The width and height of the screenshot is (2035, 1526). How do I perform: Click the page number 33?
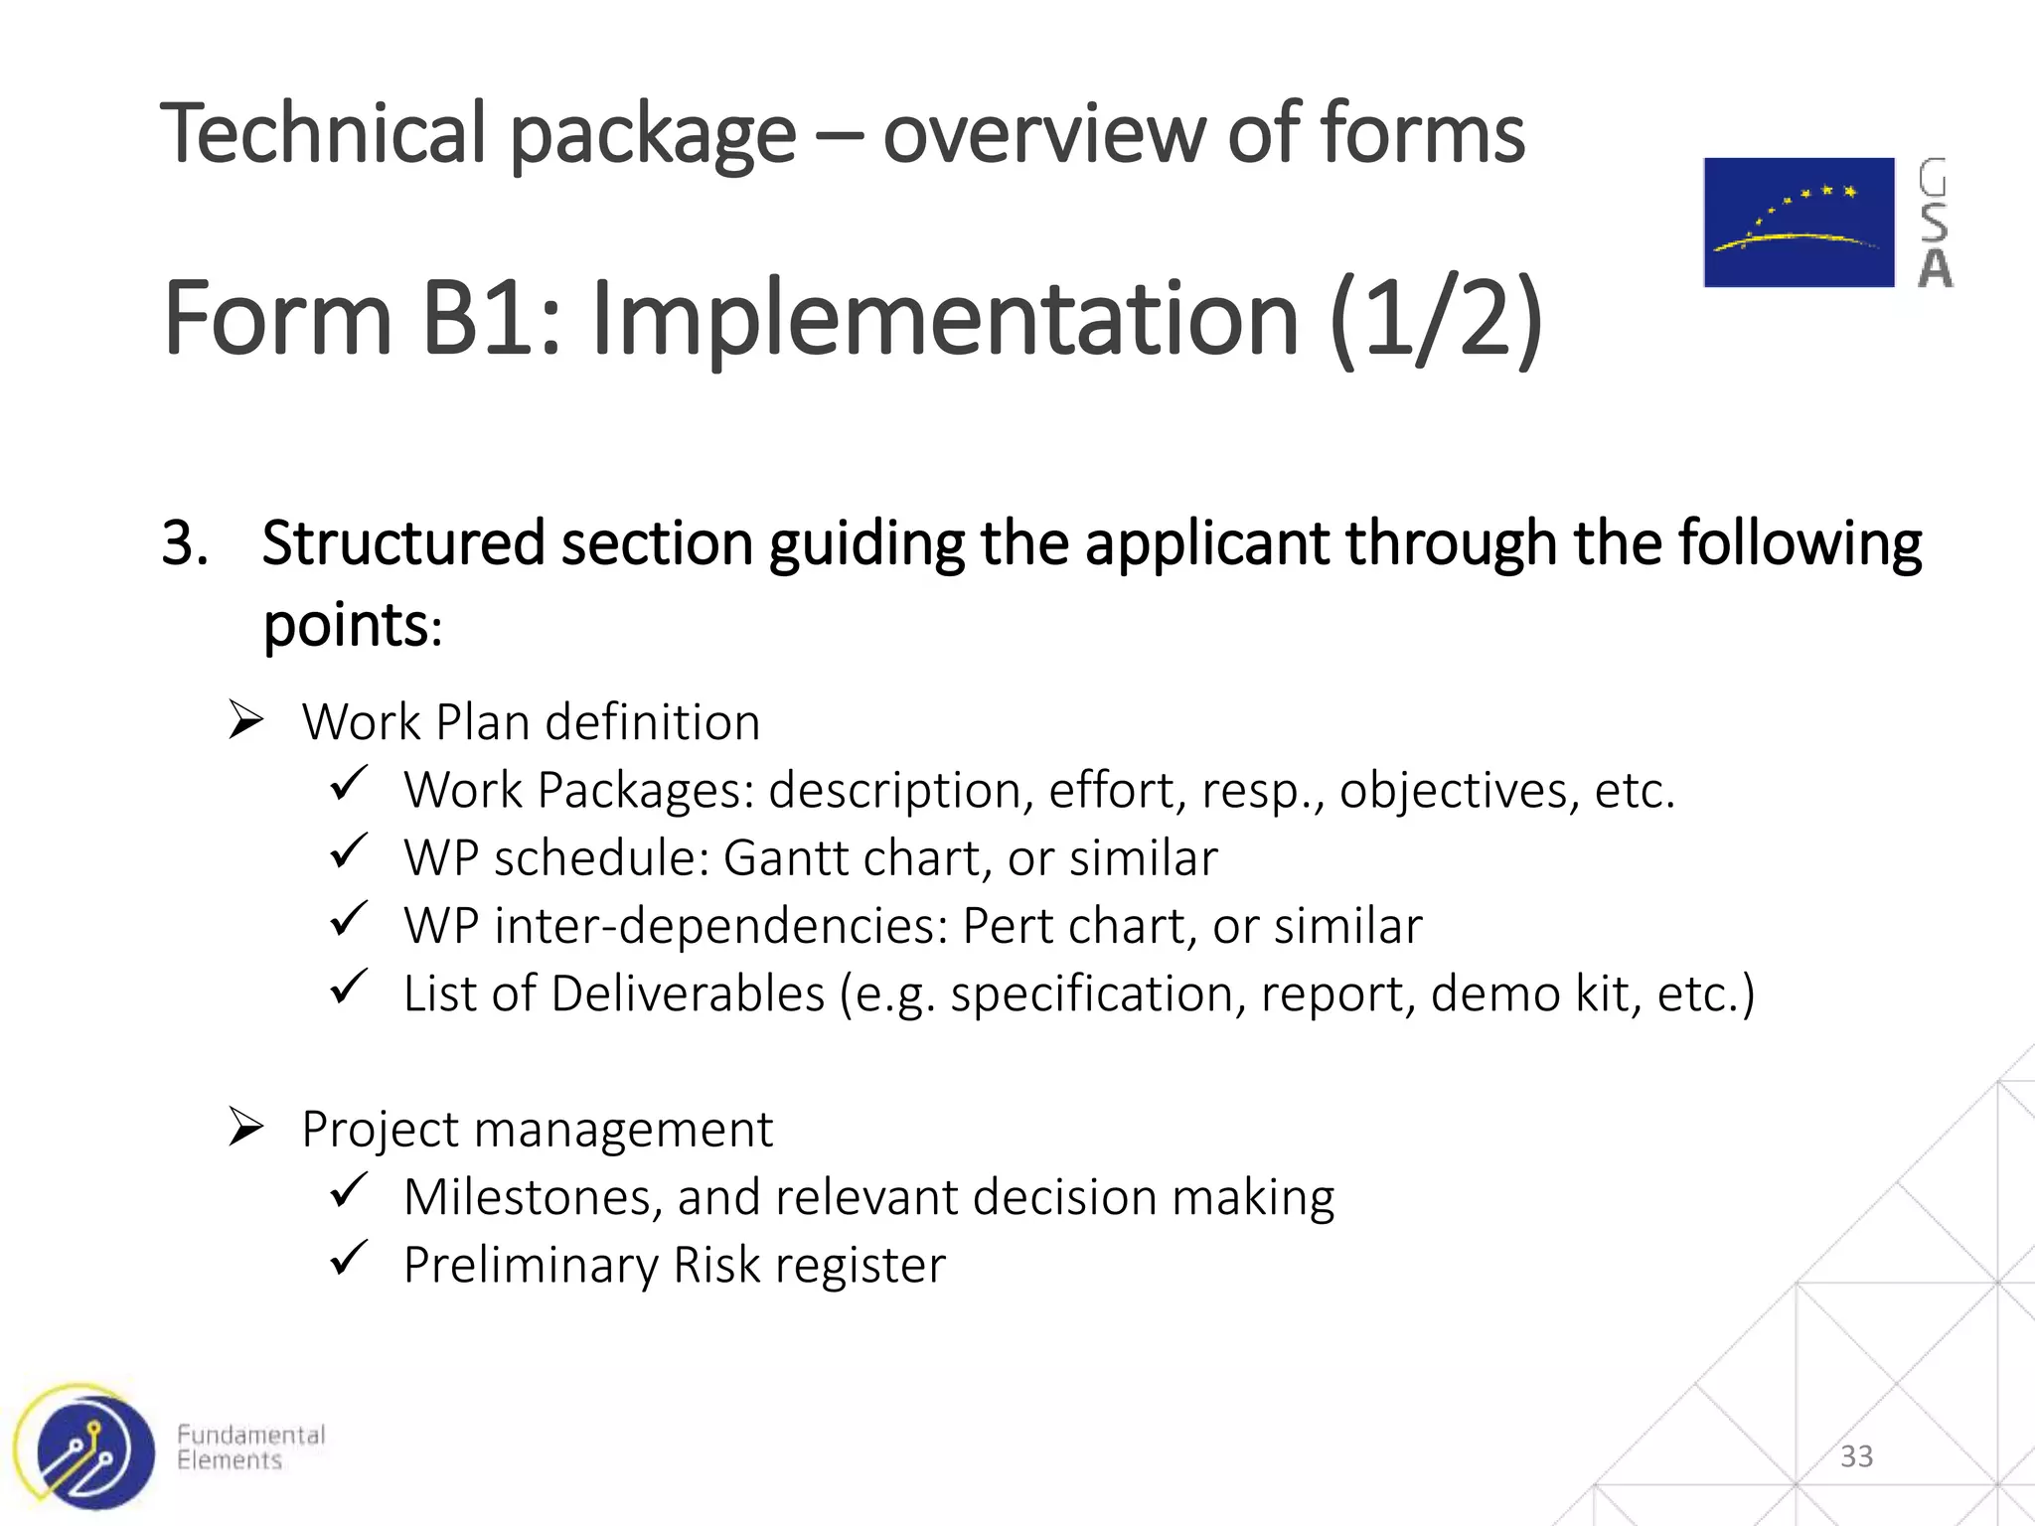tap(1856, 1456)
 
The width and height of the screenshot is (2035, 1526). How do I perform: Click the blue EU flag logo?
tap(1799, 223)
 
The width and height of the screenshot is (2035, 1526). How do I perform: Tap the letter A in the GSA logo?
tap(1935, 268)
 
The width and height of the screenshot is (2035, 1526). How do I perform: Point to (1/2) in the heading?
tap(1435, 318)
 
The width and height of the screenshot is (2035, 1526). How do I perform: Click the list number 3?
tap(184, 543)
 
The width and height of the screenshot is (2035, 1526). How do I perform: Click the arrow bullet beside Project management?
tap(245, 1127)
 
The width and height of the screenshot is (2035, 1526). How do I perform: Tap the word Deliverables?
tap(688, 993)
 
